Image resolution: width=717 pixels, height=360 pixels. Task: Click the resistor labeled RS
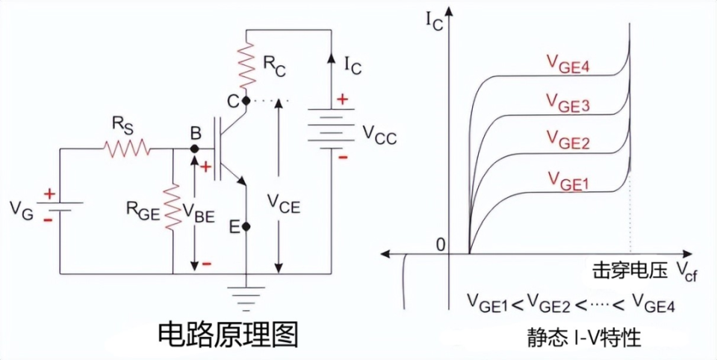click(128, 149)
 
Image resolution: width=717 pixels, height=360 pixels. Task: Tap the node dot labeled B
click(194, 149)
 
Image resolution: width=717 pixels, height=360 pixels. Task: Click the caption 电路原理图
click(228, 335)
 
